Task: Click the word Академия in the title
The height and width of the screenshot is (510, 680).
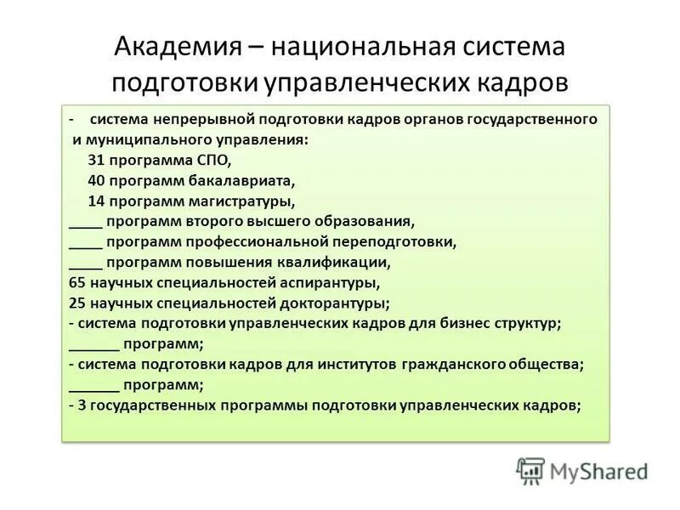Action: tap(176, 47)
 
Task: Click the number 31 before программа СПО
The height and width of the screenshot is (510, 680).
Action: tap(96, 160)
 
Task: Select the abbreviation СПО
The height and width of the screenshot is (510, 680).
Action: tap(212, 160)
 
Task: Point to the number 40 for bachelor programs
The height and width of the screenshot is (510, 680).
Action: tap(97, 180)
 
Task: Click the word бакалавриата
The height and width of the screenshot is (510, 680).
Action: tap(235, 180)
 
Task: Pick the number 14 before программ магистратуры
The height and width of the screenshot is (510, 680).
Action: tap(96, 201)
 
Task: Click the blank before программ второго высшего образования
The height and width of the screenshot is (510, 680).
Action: tap(84, 222)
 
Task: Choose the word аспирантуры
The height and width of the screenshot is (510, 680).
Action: tap(327, 283)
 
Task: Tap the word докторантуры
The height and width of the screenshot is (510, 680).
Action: tap(335, 303)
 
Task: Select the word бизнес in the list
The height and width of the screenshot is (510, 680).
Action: tap(465, 324)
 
